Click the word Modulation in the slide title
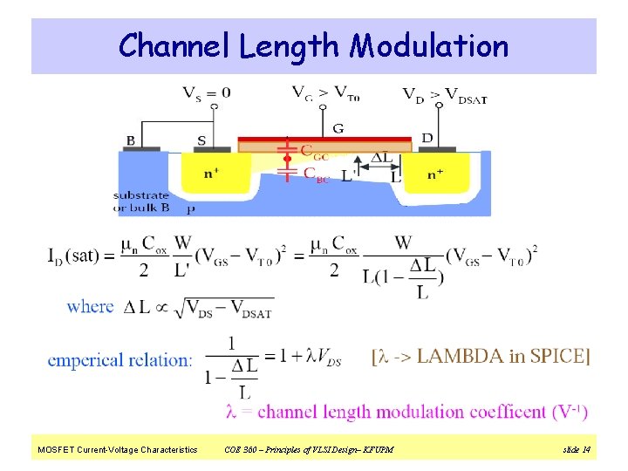429,45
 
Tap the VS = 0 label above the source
207,92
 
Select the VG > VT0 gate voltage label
323,92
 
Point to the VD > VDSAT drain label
444,94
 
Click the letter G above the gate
338,127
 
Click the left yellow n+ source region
211,174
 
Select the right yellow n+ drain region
435,174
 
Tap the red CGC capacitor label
315,151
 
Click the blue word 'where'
90,306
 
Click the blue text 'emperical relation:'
120,359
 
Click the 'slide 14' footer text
577,449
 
